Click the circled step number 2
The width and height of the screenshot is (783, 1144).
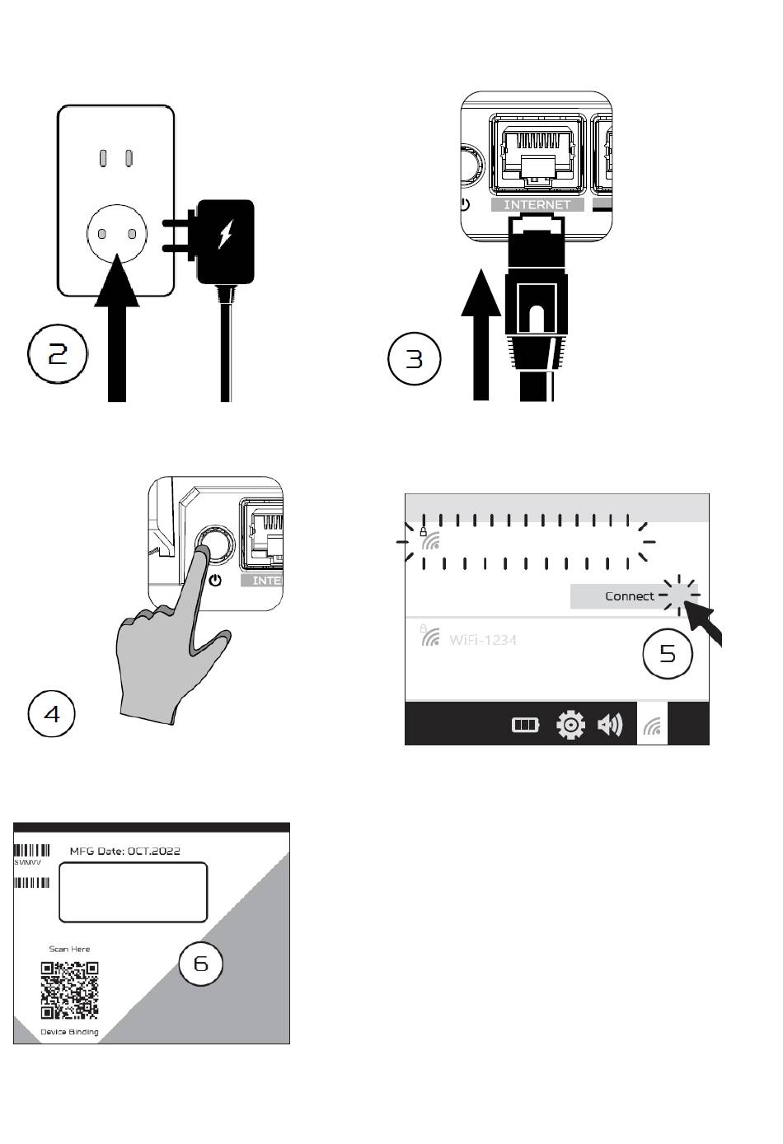pyautogui.click(x=59, y=354)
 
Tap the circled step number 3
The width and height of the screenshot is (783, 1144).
pyautogui.click(x=414, y=359)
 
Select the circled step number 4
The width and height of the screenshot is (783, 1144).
pyautogui.click(x=52, y=713)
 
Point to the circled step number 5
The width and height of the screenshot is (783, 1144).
pyautogui.click(x=668, y=654)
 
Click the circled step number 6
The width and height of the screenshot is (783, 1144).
pyautogui.click(x=201, y=964)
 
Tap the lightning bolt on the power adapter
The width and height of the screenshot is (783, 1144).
pyautogui.click(x=225, y=234)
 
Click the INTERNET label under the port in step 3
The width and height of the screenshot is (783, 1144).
pyautogui.click(x=537, y=205)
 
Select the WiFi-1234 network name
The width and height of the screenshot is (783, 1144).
pyautogui.click(x=483, y=639)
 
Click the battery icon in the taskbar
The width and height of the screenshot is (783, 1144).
pyautogui.click(x=525, y=725)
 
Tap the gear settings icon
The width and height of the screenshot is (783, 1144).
pyautogui.click(x=570, y=725)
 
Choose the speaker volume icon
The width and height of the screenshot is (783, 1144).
pyautogui.click(x=610, y=725)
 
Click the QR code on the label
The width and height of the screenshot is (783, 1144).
pyautogui.click(x=69, y=989)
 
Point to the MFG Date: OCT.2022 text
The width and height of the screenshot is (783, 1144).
pyautogui.click(x=124, y=851)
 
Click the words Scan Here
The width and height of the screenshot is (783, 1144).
pyautogui.click(x=69, y=949)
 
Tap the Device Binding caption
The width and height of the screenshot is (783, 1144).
pyautogui.click(x=69, y=1032)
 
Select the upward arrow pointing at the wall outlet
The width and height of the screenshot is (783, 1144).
pyautogui.click(x=117, y=329)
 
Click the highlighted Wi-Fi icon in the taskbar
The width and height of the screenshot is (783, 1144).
pyautogui.click(x=652, y=726)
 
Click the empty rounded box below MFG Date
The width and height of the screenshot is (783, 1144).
pyautogui.click(x=133, y=892)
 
